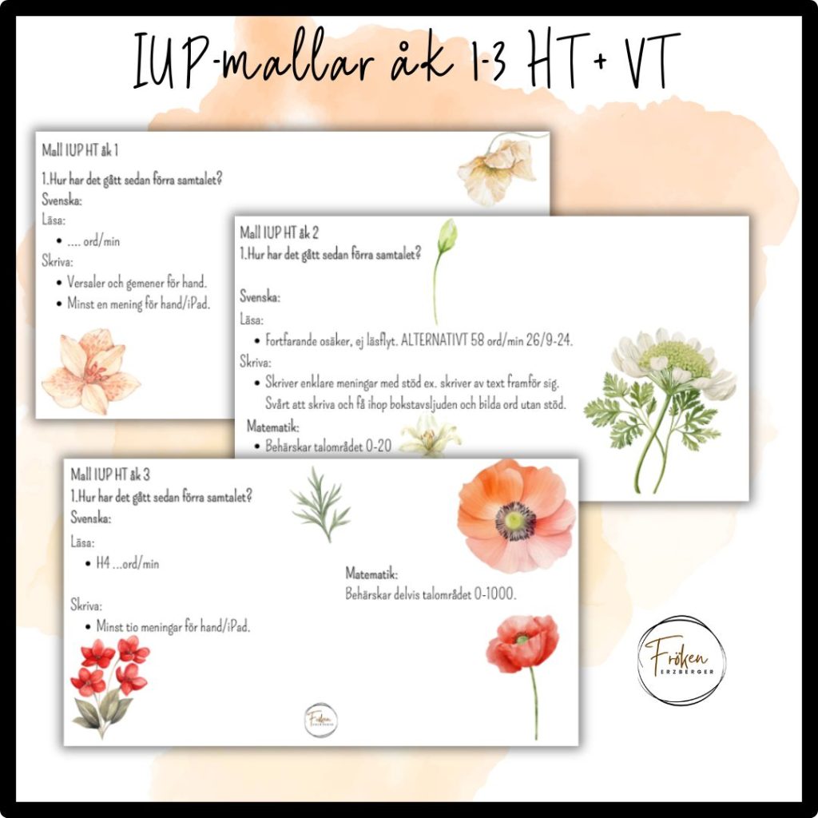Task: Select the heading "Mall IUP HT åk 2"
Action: click(x=279, y=232)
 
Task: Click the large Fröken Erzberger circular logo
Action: click(x=681, y=661)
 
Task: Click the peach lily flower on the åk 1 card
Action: click(x=90, y=371)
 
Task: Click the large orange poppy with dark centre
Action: click(x=516, y=516)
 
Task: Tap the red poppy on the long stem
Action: click(x=523, y=655)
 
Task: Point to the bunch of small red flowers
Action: click(x=108, y=679)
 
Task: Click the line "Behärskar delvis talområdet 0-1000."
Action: click(x=431, y=594)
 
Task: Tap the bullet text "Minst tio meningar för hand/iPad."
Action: click(x=173, y=627)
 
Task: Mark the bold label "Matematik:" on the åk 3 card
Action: click(x=371, y=574)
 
